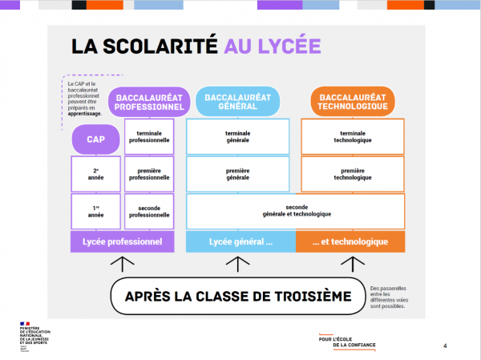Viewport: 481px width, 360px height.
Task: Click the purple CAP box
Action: pos(96,140)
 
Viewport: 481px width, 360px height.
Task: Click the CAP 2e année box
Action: pos(95,174)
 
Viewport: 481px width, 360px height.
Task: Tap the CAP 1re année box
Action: pos(95,211)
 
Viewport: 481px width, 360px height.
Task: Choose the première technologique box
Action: pos(353,174)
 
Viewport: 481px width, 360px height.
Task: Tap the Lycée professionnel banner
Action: pos(123,241)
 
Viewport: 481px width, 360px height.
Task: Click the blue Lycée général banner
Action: pos(240,241)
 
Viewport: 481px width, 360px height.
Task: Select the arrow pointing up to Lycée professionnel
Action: pos(123,264)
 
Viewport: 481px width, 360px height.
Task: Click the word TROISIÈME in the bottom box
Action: pos(306,297)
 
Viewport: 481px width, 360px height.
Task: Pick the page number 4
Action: pos(445,346)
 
